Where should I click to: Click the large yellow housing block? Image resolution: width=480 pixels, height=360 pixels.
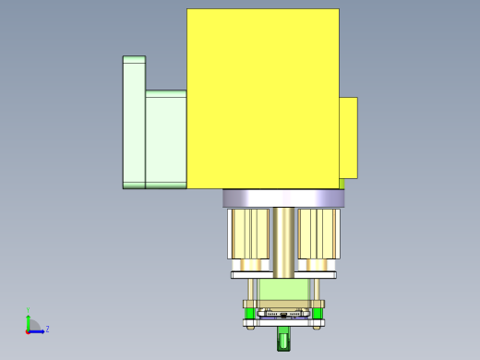tap(262, 97)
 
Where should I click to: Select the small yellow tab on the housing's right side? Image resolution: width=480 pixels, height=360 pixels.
tap(348, 138)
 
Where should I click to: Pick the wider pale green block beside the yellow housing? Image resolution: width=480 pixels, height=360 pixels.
tap(166, 138)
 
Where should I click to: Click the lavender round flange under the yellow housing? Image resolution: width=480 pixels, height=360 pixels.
tap(282, 198)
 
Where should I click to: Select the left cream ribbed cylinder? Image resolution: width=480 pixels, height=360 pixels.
tap(248, 234)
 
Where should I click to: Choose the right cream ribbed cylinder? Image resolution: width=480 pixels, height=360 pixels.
tap(318, 234)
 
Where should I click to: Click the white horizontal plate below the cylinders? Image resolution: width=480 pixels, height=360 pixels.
tap(283, 274)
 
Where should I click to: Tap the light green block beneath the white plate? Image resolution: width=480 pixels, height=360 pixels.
tap(283, 290)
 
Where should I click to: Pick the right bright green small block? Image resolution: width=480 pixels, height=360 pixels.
tap(318, 313)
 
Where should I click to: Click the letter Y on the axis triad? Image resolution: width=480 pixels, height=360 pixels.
tap(29, 311)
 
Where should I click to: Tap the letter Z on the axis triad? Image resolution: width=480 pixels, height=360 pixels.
tap(48, 329)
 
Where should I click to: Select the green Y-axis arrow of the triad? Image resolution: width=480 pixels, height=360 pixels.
tap(29, 321)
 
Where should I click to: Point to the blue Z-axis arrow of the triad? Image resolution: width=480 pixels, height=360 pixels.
tap(38, 330)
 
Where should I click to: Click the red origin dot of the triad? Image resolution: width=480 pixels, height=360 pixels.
tap(28, 330)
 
